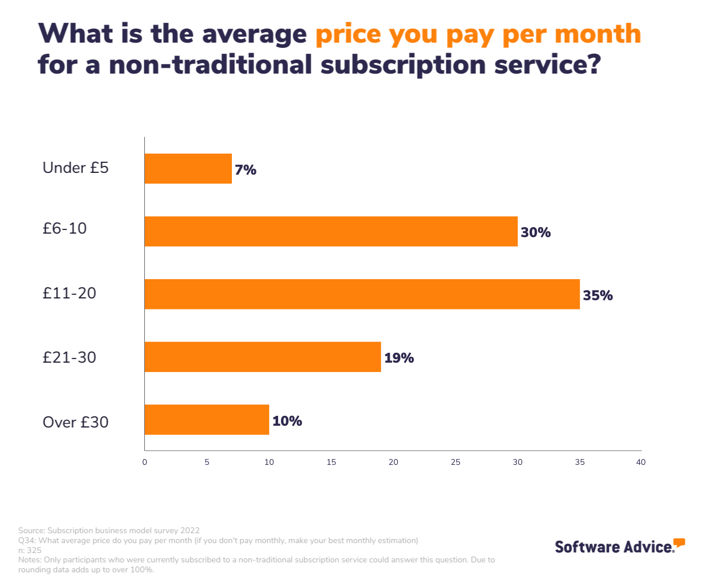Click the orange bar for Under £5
(x=188, y=169)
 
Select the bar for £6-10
(x=331, y=231)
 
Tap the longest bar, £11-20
(x=362, y=294)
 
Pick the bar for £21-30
(x=262, y=357)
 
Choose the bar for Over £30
(x=206, y=419)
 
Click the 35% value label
(x=598, y=296)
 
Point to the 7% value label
(x=245, y=171)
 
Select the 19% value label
(x=399, y=358)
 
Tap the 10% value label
(x=287, y=420)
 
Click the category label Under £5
(x=75, y=168)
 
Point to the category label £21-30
(x=69, y=357)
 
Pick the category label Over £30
(x=75, y=422)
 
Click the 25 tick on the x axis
(x=455, y=462)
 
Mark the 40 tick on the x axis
(x=641, y=462)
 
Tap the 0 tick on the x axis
(x=144, y=462)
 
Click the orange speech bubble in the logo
(x=679, y=543)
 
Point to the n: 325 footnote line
(x=30, y=550)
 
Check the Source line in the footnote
(x=109, y=530)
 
